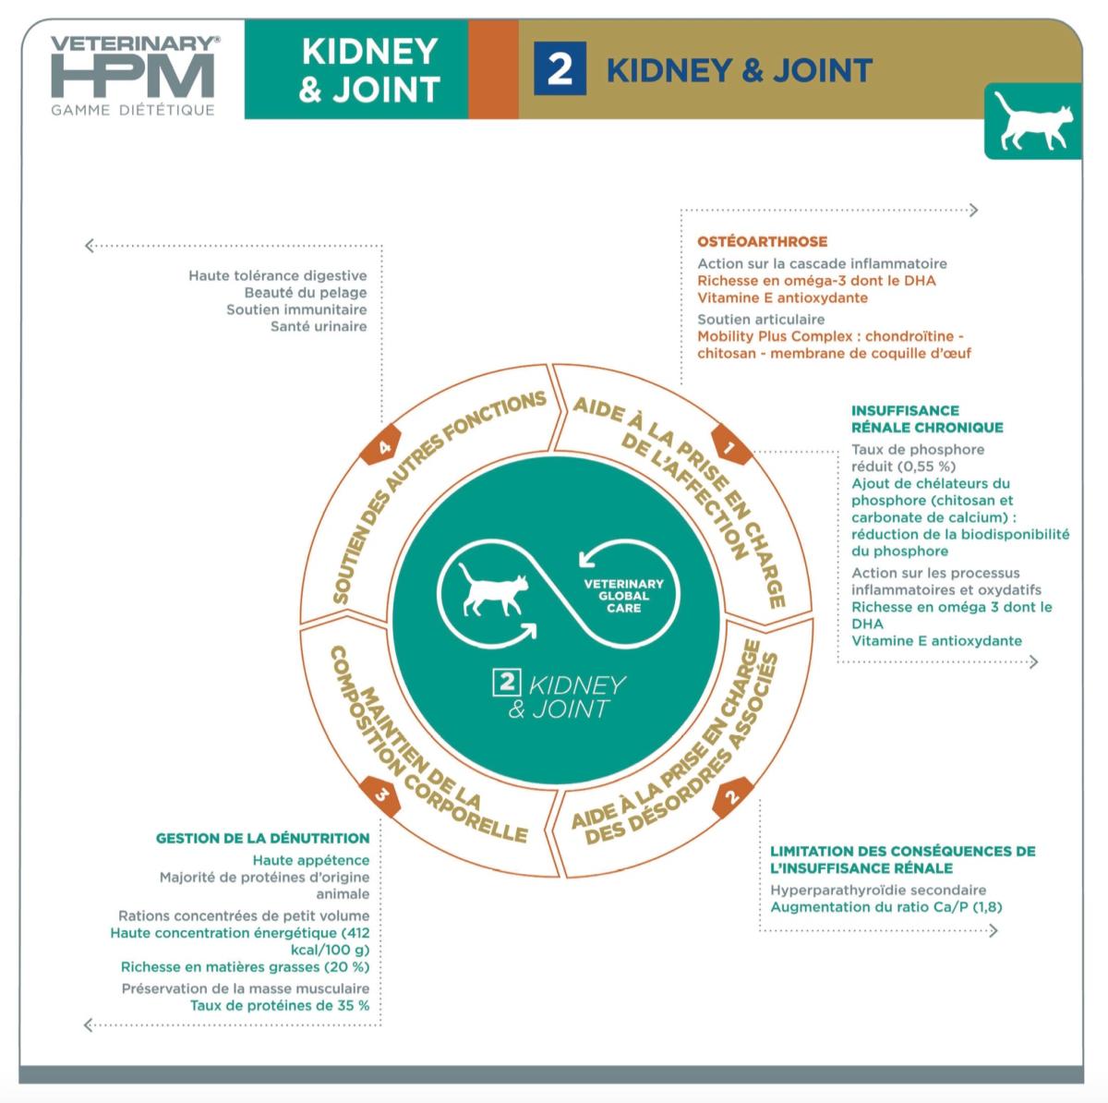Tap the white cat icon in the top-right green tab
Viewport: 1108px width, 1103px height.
coord(1032,121)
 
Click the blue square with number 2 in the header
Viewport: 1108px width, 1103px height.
coord(560,69)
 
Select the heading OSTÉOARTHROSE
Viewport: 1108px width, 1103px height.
coord(762,241)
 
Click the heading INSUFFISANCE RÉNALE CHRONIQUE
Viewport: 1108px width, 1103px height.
coord(926,418)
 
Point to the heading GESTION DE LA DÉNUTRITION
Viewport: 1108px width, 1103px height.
coord(262,838)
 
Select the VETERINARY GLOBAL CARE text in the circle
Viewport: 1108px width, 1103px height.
coord(623,596)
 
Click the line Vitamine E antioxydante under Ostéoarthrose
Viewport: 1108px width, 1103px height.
coord(782,297)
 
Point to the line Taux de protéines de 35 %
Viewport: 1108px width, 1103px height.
coord(280,1005)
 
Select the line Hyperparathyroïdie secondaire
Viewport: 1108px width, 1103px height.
coord(878,890)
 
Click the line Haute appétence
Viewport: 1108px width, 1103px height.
coord(311,860)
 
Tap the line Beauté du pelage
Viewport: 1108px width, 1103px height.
coord(306,292)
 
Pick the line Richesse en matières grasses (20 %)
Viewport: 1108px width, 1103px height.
coord(245,966)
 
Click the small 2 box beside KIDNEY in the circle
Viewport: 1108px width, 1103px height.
coord(507,683)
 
